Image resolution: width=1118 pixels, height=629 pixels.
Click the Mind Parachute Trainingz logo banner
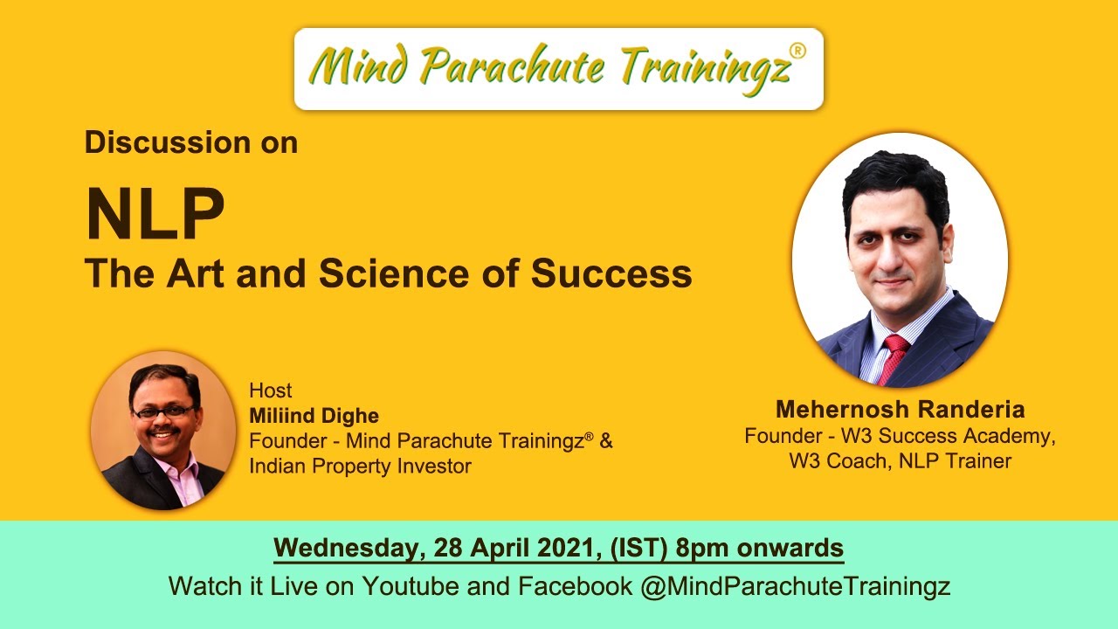tap(559, 68)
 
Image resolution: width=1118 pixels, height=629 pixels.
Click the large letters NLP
tap(155, 215)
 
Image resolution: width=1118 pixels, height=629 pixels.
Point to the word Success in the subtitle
tap(611, 273)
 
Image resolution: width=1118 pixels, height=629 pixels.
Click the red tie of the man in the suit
tap(893, 357)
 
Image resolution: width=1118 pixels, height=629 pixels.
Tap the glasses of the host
tap(162, 411)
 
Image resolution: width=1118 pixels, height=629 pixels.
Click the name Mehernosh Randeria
tap(900, 409)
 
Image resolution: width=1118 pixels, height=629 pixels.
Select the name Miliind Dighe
tap(314, 415)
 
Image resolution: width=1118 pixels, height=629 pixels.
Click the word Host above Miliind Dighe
tap(270, 391)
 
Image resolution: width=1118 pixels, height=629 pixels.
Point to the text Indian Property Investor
tap(360, 466)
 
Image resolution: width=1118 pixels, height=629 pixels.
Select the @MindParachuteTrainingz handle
tap(795, 585)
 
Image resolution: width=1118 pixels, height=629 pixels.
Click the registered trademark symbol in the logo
tap(797, 50)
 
